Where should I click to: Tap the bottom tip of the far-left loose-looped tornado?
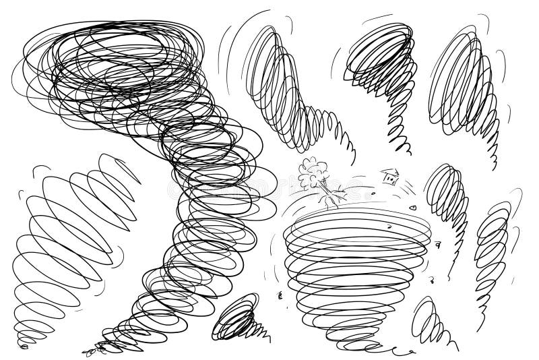click(25, 346)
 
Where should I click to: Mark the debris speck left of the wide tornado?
click(279, 294)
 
